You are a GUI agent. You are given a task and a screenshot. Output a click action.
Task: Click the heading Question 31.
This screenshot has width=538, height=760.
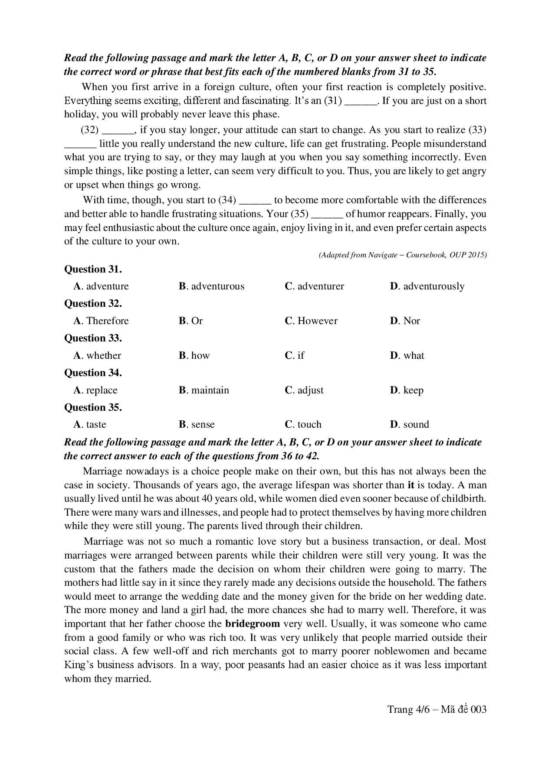pos(93,269)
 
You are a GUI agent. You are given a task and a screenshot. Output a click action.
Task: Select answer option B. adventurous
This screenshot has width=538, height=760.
pos(211,286)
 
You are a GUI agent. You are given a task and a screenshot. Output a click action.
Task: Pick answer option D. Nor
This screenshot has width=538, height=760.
pos(405,321)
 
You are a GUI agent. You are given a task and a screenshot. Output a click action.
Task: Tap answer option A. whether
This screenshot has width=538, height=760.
pos(97,355)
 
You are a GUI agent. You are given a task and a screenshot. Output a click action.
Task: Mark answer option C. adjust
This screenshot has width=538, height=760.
pos(304,390)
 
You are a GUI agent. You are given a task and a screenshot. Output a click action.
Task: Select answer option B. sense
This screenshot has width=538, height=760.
pos(197,424)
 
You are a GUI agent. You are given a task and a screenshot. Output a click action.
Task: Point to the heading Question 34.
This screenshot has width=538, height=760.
pos(93,373)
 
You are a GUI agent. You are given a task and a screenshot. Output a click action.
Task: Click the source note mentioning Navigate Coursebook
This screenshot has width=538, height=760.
pos(402,255)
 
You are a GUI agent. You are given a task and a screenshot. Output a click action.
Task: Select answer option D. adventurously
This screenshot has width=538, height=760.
pos(427,286)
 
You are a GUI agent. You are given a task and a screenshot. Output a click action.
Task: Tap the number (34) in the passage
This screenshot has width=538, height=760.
pos(227,200)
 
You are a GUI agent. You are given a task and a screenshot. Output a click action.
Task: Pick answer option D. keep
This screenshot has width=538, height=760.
pos(407,390)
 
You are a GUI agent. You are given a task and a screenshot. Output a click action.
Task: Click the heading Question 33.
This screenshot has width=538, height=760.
pos(93,338)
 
